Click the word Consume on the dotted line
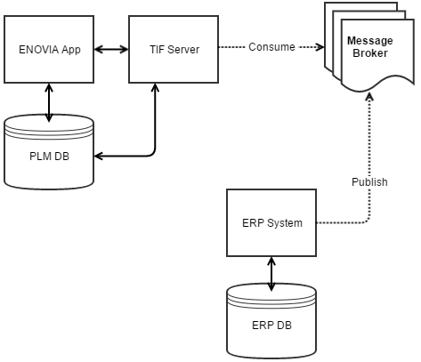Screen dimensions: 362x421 pos(271,47)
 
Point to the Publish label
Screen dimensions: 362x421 pos(369,182)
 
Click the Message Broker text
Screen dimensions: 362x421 pos(369,47)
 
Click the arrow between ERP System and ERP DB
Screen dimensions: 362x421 pos(271,269)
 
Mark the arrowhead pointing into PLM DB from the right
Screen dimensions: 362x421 pos(99,156)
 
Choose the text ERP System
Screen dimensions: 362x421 pos(271,222)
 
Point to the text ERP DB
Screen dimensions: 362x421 pos(271,325)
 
